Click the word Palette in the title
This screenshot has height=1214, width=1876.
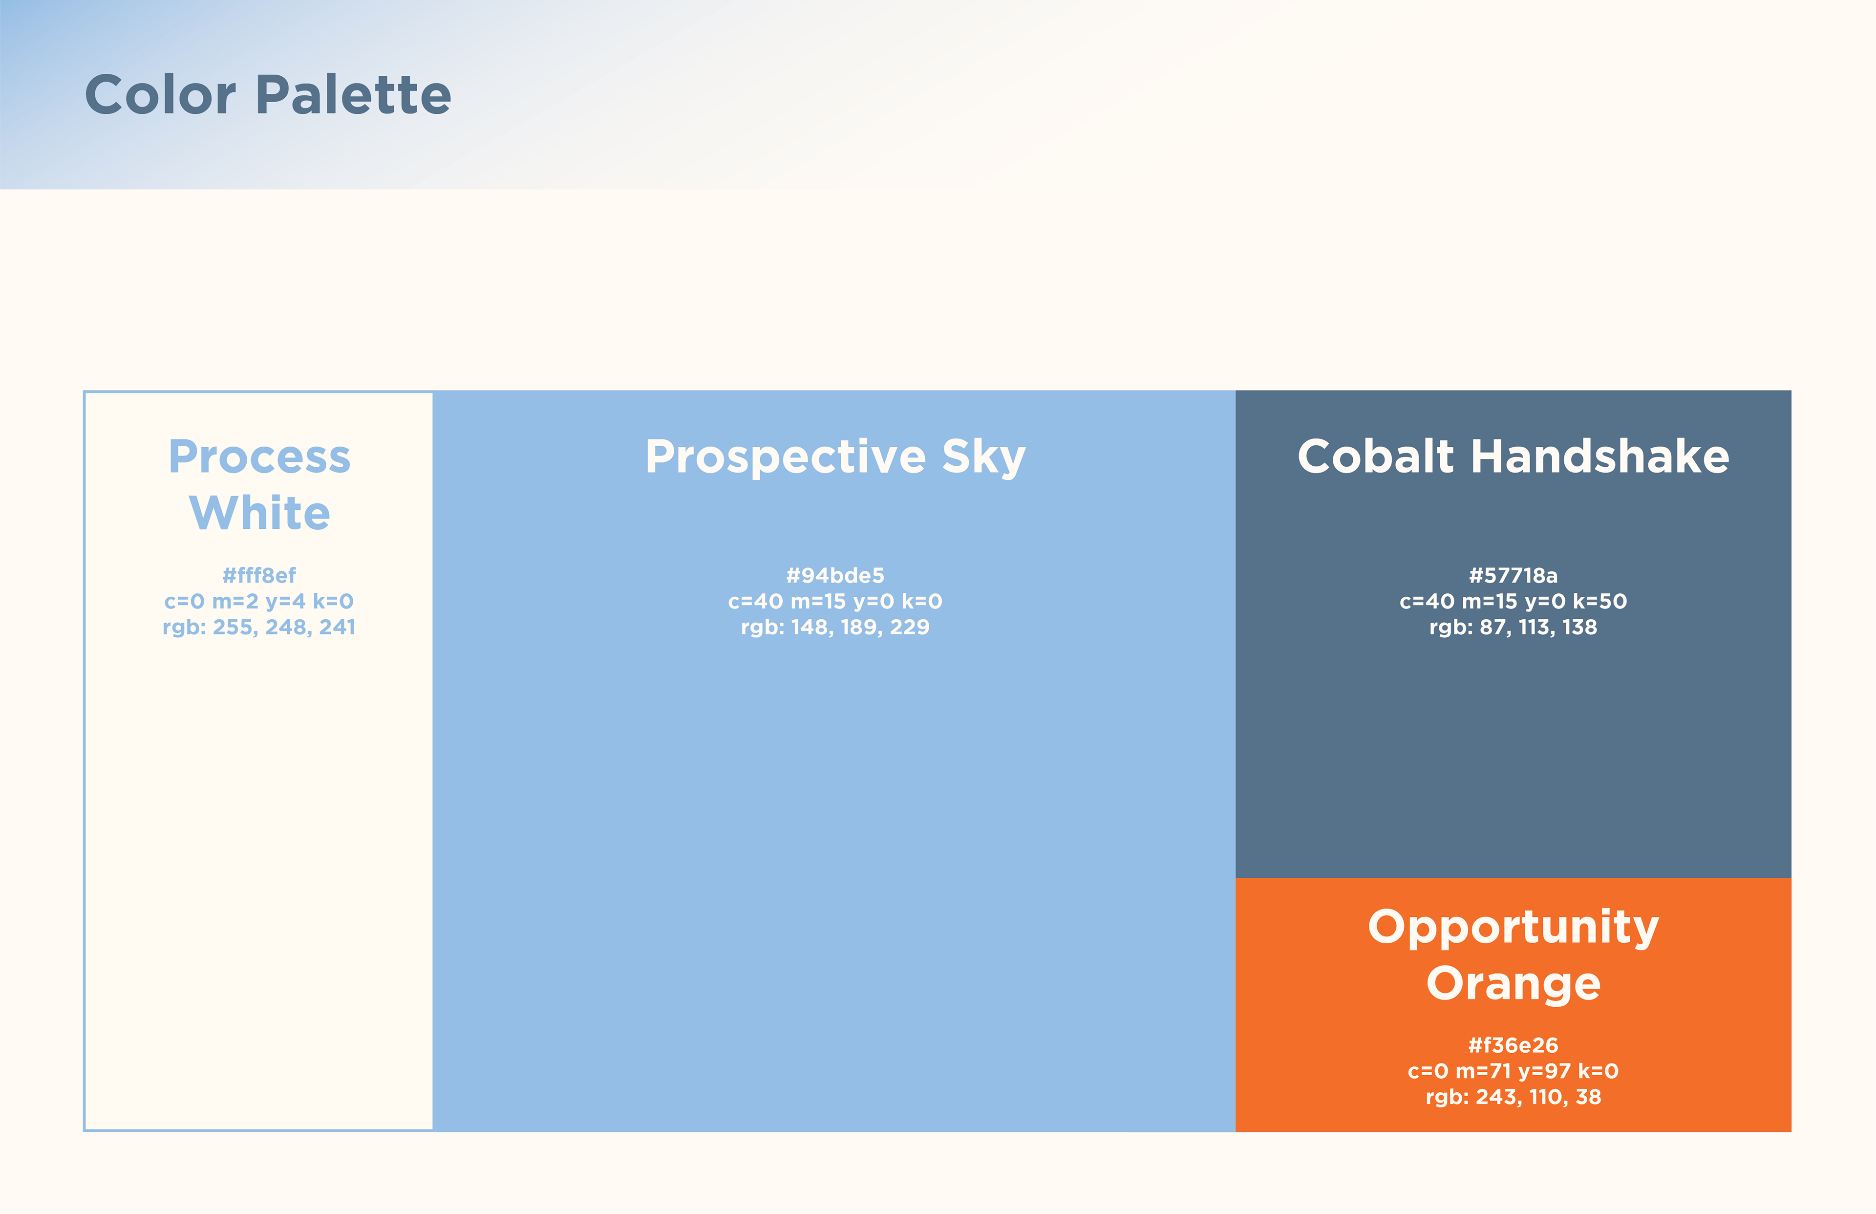click(354, 95)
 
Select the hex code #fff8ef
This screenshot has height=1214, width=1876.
click(259, 575)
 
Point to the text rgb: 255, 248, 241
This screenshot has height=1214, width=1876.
click(259, 628)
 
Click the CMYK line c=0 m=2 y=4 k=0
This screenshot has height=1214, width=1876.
click(259, 602)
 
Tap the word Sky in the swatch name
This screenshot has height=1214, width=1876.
click(984, 458)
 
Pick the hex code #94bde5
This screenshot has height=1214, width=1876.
click(835, 575)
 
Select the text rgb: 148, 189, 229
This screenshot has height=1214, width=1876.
click(835, 628)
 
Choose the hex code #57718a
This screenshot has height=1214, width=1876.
click(1514, 575)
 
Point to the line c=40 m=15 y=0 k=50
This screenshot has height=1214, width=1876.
click(1514, 602)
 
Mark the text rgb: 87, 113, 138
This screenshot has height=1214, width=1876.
click(1514, 628)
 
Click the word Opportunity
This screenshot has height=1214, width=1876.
click(1514, 928)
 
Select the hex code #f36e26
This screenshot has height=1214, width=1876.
click(1514, 1045)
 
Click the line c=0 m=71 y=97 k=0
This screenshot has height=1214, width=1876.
click(1514, 1071)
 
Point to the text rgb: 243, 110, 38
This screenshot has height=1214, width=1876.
click(1514, 1097)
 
